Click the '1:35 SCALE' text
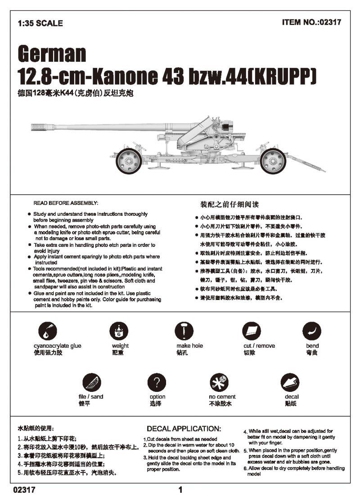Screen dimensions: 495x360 [40, 23]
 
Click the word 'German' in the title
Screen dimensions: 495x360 [52, 54]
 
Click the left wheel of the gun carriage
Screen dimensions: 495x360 [129, 161]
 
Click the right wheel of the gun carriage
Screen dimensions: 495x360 [273, 160]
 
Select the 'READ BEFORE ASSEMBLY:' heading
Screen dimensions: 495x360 [66, 204]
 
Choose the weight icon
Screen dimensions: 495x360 [119, 332]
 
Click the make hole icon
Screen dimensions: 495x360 [184, 331]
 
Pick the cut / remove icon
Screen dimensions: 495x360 [252, 332]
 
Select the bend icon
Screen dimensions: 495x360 [312, 331]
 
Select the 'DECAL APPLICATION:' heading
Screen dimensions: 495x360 [184, 428]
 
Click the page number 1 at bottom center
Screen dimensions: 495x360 [180, 490]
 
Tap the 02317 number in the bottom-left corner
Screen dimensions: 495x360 [24, 490]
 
